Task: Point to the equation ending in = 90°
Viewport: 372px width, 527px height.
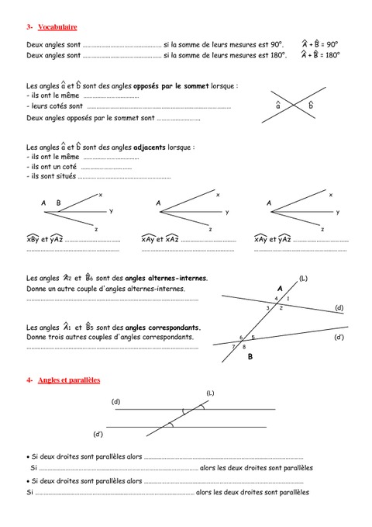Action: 320,44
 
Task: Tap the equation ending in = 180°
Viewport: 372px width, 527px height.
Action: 320,55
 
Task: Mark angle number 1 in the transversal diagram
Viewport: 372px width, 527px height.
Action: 288,299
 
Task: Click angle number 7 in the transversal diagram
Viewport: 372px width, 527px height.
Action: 233,346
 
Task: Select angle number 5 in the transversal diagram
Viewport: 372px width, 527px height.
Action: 253,338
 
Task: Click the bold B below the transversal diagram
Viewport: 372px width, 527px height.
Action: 250,358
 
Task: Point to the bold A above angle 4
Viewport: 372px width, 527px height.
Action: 279,288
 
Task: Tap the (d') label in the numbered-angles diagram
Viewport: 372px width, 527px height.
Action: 339,338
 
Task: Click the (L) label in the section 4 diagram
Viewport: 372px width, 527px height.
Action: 210,394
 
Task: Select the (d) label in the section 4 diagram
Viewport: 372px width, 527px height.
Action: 116,401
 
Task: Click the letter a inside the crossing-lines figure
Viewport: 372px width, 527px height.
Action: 279,105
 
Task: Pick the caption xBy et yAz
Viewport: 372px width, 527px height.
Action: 44,240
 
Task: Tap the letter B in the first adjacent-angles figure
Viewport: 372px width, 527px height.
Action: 58,203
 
